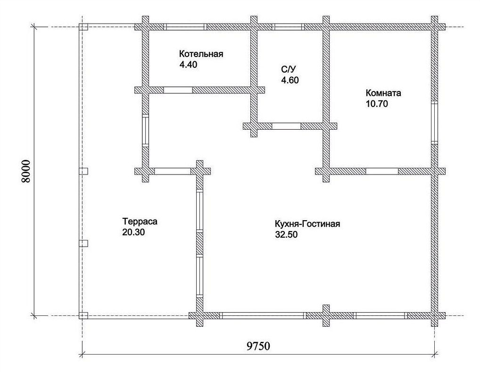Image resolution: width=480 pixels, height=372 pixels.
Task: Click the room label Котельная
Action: tap(201, 54)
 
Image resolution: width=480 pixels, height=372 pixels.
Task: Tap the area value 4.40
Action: tap(188, 65)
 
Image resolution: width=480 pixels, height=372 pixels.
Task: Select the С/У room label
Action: tap(288, 69)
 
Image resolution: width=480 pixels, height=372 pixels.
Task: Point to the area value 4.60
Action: tap(290, 80)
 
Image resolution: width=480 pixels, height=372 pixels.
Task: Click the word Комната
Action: tap(383, 93)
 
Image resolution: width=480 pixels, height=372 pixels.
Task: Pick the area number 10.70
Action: tap(377, 104)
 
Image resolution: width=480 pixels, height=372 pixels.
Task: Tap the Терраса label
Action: tap(140, 221)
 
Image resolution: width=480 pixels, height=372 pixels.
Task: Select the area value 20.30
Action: tap(133, 232)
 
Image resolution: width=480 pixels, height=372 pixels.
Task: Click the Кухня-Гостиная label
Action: tap(307, 224)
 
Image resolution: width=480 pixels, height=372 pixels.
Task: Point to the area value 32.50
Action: tap(286, 235)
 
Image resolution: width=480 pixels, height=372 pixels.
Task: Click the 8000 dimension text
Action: tap(26, 171)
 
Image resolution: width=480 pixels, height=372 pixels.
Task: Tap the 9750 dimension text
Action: tap(258, 346)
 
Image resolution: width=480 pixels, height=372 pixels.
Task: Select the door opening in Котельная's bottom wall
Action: tap(178, 90)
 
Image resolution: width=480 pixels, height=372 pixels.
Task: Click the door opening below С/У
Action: tap(287, 126)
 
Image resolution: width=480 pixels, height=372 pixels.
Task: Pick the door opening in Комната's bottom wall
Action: tap(382, 171)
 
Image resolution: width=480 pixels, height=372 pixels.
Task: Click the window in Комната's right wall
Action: tap(434, 123)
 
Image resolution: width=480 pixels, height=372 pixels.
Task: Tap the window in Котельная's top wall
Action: tap(185, 27)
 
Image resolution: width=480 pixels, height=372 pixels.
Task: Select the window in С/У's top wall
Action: tap(288, 27)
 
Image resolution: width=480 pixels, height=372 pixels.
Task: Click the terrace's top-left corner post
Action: tap(83, 27)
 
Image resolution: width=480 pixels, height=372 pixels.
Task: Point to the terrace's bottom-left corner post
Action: tap(83, 315)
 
